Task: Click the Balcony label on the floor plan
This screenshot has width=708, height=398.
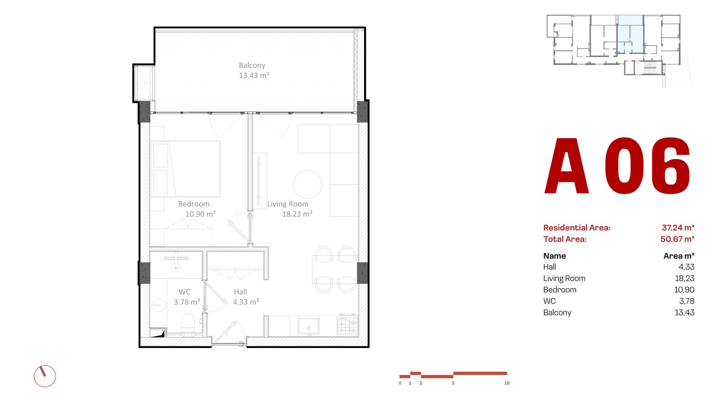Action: (x=252, y=66)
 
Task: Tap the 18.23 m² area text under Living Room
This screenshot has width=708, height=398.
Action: (x=297, y=214)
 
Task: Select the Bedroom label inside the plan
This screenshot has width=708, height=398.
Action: (x=194, y=204)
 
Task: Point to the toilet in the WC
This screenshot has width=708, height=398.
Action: (x=188, y=322)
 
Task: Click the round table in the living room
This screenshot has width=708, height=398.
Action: (x=308, y=185)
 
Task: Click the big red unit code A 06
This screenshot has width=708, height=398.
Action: (x=617, y=166)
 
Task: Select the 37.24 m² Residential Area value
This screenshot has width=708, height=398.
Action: (x=678, y=228)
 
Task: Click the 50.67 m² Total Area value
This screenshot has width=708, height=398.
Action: (x=677, y=239)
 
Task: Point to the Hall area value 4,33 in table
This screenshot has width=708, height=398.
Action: (x=686, y=267)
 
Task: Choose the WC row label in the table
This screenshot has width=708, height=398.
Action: (x=549, y=301)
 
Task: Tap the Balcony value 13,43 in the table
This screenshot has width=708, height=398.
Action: (x=685, y=313)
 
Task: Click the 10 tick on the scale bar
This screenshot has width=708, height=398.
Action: (x=507, y=383)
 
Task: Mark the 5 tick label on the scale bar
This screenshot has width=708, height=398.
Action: (x=453, y=383)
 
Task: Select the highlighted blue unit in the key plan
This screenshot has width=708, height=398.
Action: (x=630, y=34)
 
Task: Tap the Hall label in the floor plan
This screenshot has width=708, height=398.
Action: (x=240, y=292)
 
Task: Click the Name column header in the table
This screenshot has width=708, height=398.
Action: (x=554, y=256)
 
